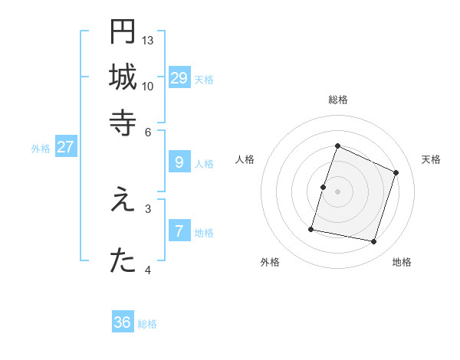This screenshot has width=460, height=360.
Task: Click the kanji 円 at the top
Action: [123, 32]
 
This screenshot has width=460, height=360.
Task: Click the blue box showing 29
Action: [179, 77]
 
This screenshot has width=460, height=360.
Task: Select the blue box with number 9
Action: [179, 162]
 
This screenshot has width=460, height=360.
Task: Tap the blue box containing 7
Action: [179, 231]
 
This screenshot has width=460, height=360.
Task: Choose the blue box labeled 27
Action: [65, 147]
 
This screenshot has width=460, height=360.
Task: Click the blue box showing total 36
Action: [123, 322]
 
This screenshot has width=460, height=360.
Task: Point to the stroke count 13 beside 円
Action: [148, 40]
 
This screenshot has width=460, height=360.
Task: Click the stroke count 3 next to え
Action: [148, 208]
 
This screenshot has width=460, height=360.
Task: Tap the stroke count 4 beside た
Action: [148, 270]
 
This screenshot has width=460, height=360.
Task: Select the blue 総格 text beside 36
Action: [147, 324]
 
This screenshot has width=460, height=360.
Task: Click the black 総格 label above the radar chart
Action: [337, 100]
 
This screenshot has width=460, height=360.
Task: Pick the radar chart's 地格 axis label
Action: [402, 262]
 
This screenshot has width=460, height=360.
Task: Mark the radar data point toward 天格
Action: [396, 172]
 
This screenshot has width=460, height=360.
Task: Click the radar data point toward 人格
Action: [323, 187]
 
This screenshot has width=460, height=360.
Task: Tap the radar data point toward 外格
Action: [311, 229]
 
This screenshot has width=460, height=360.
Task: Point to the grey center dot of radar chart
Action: [337, 191]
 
